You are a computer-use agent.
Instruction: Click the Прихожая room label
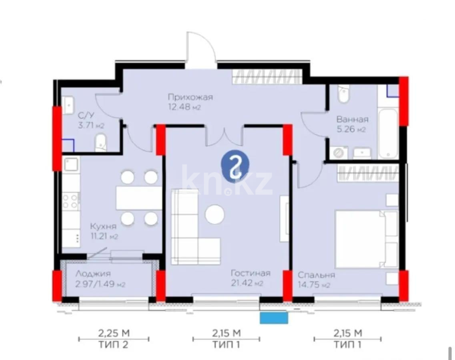point(190,97)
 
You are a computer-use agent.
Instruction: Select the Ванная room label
point(352,119)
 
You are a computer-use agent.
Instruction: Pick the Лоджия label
point(93,274)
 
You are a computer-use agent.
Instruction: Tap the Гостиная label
point(251,274)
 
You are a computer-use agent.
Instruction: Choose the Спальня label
point(316,275)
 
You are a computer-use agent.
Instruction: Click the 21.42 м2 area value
point(247,284)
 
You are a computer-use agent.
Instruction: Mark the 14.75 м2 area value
point(314,285)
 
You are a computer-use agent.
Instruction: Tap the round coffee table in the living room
point(215,214)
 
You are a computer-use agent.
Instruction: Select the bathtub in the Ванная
point(388,132)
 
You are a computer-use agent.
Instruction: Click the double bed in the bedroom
point(366,239)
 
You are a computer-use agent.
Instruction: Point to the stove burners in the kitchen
point(70,201)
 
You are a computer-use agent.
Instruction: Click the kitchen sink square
point(71,164)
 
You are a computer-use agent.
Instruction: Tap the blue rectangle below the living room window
point(274,318)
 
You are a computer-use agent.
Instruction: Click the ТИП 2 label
point(114,345)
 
